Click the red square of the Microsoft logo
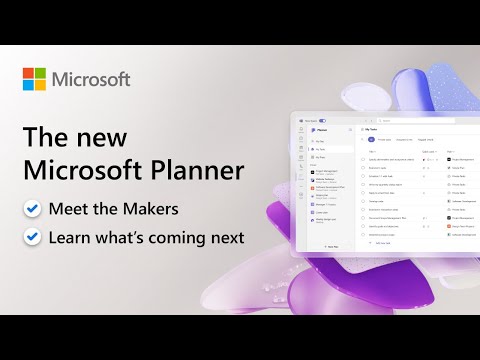pos(28,72)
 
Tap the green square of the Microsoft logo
pos(41,72)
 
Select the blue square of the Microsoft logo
pos(28,85)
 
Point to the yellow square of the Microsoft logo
pos(41,85)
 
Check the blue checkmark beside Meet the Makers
pos(32,209)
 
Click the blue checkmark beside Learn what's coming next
pos(32,237)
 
